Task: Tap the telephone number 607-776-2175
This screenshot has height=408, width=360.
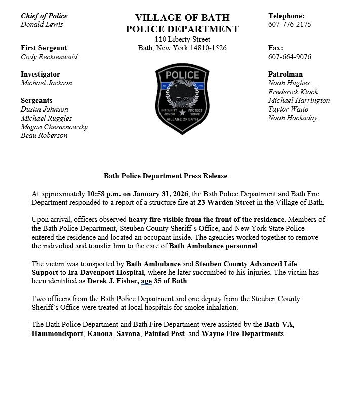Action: (x=290, y=24)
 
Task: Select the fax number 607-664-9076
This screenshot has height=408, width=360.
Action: (x=290, y=57)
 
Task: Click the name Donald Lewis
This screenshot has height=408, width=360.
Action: (x=42, y=24)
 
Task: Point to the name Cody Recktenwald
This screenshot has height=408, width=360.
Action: (x=49, y=57)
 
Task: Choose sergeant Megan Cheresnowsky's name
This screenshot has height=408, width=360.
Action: (x=54, y=127)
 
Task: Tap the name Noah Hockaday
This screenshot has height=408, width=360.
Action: (x=293, y=118)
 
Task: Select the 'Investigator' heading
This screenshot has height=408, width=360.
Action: (x=40, y=74)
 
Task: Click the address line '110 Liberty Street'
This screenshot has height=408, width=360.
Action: (x=182, y=39)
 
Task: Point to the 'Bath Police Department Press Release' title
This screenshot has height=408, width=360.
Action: (x=166, y=176)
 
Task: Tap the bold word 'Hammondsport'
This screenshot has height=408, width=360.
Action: (x=56, y=334)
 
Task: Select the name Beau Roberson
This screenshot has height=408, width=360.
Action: (x=44, y=135)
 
